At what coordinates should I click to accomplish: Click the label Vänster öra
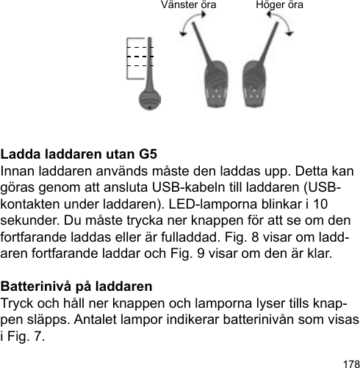[188, 6]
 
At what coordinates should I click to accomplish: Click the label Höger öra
[280, 6]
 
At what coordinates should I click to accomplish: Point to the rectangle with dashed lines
[140, 57]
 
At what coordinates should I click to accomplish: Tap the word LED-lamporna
[193, 204]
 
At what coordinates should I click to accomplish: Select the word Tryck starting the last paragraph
[18, 301]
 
